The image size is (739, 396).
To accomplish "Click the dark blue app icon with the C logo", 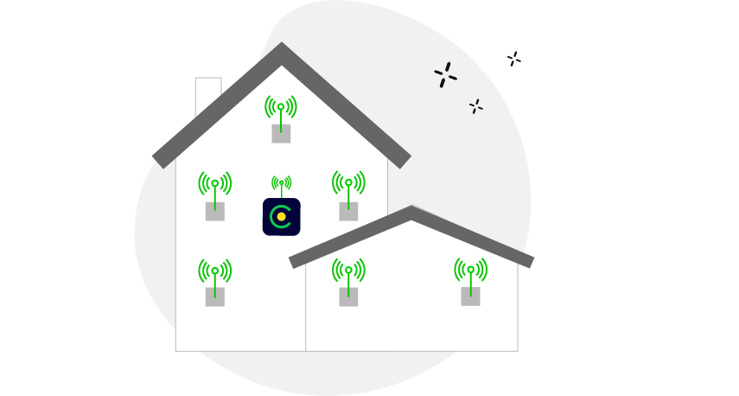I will pos(281,216).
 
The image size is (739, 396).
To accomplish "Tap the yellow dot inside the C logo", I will pos(282,216).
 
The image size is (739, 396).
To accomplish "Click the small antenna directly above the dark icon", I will pos(281,183).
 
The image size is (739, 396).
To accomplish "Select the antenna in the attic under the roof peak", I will pos(281,108).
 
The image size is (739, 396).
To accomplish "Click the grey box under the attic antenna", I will pos(281,133).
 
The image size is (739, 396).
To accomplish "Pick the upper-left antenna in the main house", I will pos(214,184).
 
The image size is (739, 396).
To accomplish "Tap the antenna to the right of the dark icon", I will pos(348,183).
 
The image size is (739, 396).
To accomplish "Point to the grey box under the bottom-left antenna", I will pos(214,297).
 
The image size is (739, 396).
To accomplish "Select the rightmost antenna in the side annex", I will pos(470,270).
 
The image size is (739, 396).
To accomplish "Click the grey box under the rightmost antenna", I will pos(470,296).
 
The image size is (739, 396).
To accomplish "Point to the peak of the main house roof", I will pos(282,50).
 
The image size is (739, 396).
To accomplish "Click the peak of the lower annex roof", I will pos(411,213).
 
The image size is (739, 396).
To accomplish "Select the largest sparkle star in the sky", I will pos(445,75).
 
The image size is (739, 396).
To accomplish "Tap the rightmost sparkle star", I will pos(513,59).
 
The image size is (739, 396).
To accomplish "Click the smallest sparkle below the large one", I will pos(475,106).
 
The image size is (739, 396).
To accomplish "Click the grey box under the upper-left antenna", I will pos(214,211).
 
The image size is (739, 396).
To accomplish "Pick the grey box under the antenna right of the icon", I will pos(348,211).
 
